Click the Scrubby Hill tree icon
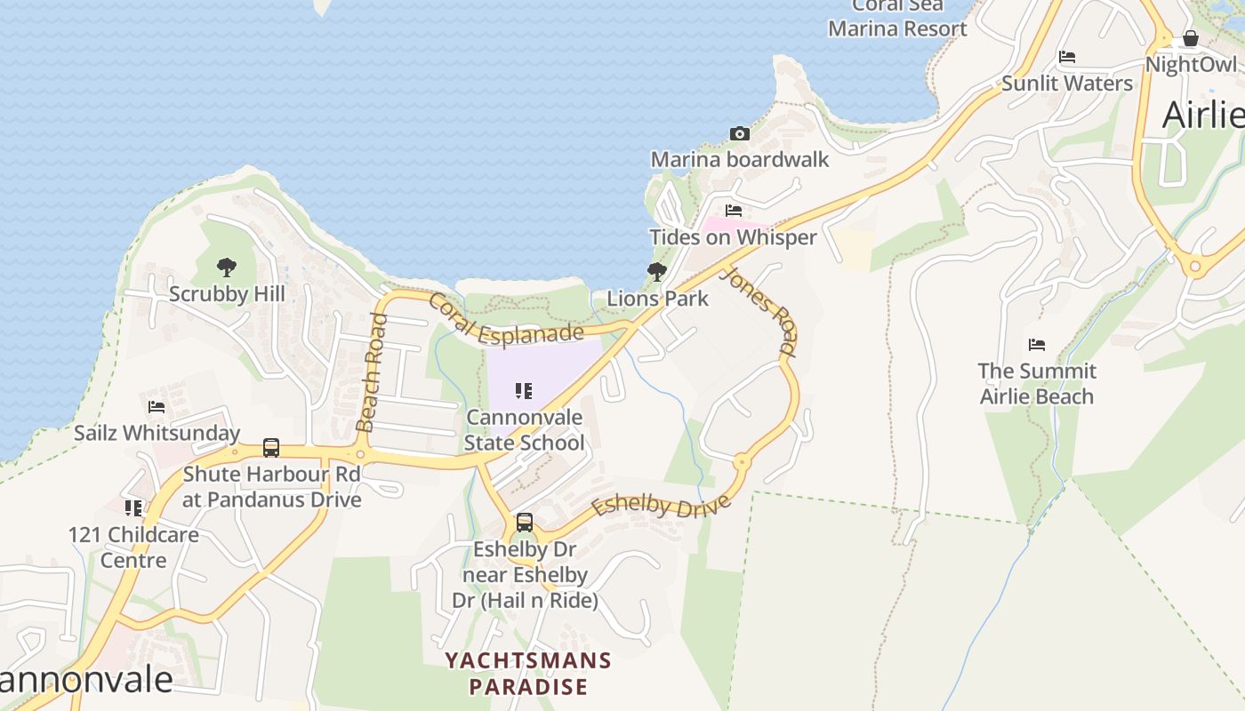click(227, 266)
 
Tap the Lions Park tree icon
click(657, 271)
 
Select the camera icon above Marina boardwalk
click(739, 134)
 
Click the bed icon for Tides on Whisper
click(734, 211)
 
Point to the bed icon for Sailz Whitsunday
click(157, 407)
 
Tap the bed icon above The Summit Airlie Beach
click(1036, 345)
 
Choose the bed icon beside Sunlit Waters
click(1067, 57)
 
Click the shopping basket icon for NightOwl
click(1190, 39)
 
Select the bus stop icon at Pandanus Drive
click(271, 448)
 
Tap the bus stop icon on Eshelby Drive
click(525, 523)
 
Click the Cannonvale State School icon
click(524, 390)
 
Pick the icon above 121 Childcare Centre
click(133, 508)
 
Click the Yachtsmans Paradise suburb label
click(528, 674)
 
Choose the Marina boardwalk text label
click(740, 160)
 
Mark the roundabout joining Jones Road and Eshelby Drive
click(741, 460)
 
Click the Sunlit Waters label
click(1067, 84)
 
